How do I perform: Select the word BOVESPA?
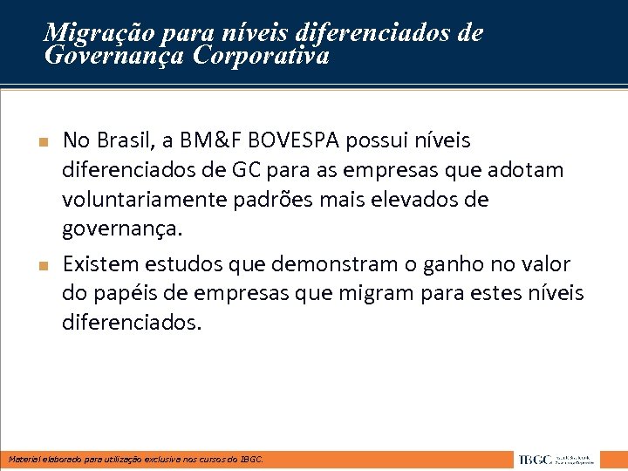[x=297, y=140]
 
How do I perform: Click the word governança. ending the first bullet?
[x=123, y=229]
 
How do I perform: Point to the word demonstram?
[x=331, y=263]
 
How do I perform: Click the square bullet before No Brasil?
[x=42, y=141]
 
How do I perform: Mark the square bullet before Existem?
[x=42, y=264]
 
